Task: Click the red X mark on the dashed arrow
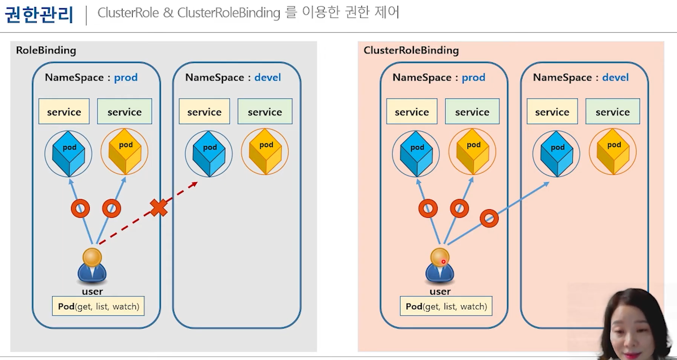coord(159,208)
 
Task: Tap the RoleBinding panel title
coord(46,50)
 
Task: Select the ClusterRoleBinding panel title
coord(411,50)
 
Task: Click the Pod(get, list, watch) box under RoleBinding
coord(98,306)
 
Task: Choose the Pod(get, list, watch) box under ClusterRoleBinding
coord(446,306)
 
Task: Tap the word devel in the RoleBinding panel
coord(267,78)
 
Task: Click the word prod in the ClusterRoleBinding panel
coord(473,78)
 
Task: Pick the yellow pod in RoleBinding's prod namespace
coord(125,152)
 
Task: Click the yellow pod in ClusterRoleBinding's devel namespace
coord(613,152)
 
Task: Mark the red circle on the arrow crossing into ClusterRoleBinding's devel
coord(489,218)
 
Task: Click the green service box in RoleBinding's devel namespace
coord(265,111)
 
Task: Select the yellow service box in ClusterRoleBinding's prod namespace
coord(412,111)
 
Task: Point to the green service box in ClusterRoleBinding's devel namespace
coord(612,111)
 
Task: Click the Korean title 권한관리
coord(39,15)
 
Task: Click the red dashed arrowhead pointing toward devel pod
coord(194,184)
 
